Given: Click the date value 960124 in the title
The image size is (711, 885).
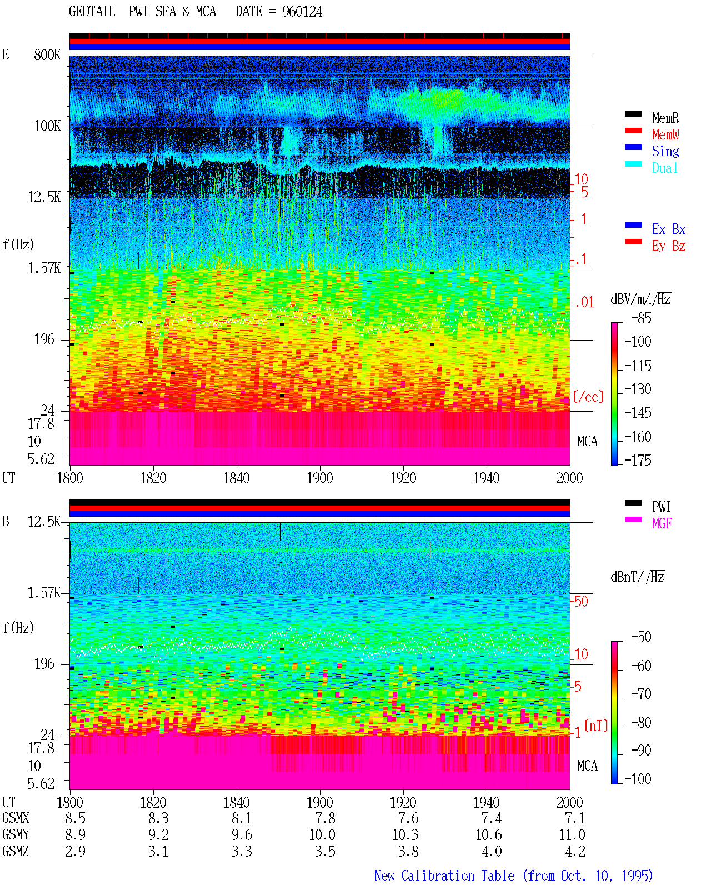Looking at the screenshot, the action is click(302, 12).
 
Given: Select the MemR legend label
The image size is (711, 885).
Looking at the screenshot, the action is click(665, 118).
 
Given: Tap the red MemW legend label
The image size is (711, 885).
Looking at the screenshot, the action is click(665, 134).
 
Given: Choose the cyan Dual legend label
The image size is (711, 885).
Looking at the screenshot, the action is click(665, 168).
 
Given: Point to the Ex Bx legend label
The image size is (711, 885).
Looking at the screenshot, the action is click(669, 229).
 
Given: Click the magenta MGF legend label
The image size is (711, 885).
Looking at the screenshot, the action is click(662, 523).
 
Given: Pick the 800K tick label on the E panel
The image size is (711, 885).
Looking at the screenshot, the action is click(47, 54).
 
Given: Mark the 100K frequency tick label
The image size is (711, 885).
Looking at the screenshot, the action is click(47, 126).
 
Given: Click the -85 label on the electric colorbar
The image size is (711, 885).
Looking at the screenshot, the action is click(641, 318).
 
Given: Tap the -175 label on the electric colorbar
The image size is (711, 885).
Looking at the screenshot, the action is click(638, 460).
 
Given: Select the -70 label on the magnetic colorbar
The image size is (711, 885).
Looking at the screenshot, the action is click(641, 694).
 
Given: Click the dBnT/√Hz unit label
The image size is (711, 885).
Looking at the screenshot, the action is click(637, 577).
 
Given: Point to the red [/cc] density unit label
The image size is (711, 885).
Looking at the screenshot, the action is click(588, 397).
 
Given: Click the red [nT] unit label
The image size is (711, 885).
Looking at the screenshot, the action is click(596, 725).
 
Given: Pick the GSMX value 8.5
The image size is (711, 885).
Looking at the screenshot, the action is click(75, 818).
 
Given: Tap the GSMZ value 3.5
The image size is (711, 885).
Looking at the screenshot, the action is click(326, 851).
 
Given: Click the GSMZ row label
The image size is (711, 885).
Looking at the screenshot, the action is click(16, 851).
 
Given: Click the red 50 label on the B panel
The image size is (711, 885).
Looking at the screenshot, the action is click(581, 602).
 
